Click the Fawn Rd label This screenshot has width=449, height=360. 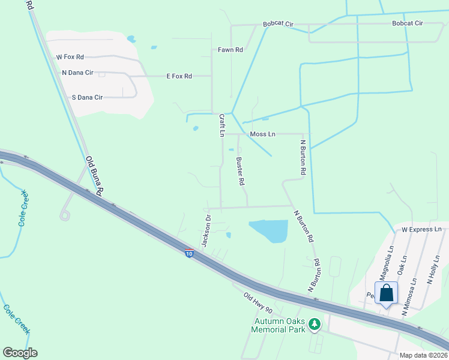point(231,50)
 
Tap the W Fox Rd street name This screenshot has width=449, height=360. point(70,57)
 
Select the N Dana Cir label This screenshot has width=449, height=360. point(77,73)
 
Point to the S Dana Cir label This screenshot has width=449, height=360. point(87,97)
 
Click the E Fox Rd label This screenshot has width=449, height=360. point(179,76)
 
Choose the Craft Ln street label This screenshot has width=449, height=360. point(221,125)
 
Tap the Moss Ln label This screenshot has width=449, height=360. point(262,134)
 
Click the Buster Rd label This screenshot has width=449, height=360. point(240,171)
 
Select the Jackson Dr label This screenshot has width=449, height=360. point(206,231)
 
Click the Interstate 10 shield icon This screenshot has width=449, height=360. point(190,254)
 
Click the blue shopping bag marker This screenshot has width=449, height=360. point(387,293)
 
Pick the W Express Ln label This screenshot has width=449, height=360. point(421,230)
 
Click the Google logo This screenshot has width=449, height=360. point(20,353)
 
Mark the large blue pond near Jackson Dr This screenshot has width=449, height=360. point(270,230)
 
